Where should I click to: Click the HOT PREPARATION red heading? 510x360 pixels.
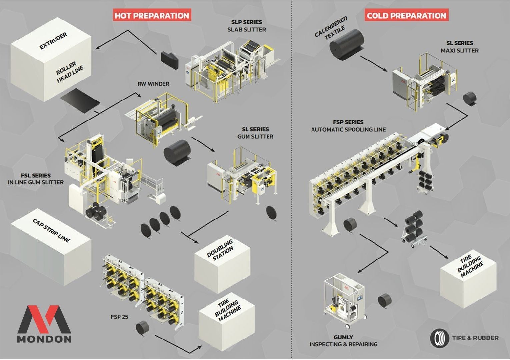point(152,15)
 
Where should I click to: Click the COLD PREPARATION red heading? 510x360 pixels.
point(406,15)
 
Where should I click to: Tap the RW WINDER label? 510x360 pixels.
point(153,84)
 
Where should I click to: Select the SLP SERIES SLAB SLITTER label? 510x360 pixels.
point(247,26)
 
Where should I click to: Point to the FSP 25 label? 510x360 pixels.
point(119,316)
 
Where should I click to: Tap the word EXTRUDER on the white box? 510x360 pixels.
point(53,41)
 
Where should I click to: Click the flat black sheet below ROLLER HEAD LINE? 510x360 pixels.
point(80,100)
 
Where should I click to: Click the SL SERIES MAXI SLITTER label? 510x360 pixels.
point(459,47)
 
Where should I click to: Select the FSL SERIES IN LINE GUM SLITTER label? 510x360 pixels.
point(35,179)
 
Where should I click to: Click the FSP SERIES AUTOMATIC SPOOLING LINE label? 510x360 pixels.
point(348,126)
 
